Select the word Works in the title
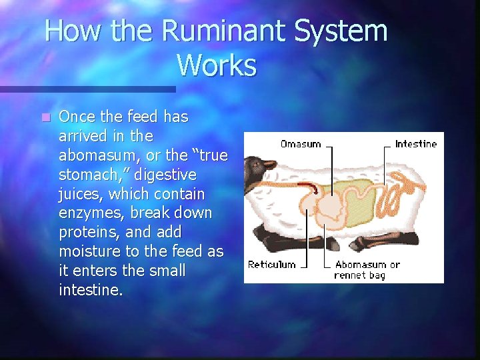217,65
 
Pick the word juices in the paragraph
81,194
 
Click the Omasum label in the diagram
300,143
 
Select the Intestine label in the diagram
415,143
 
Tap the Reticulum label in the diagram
271,265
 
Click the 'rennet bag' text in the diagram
360,275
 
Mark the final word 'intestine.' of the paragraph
91,291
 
